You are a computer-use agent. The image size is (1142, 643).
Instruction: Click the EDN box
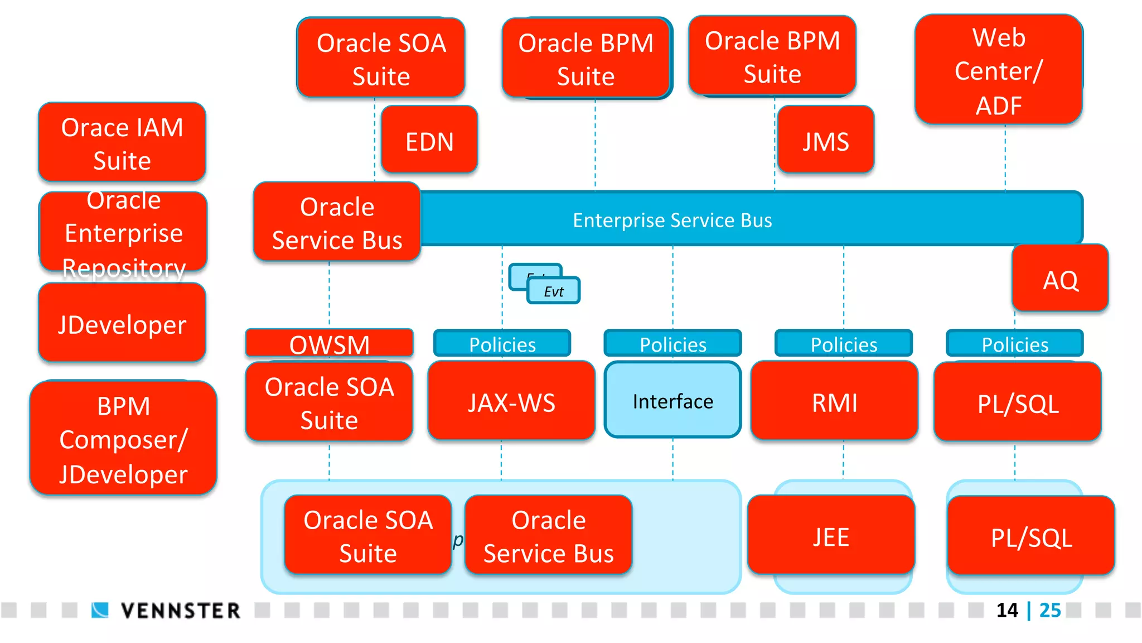pyautogui.click(x=429, y=140)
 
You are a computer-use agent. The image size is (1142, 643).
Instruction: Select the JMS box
pyautogui.click(x=825, y=140)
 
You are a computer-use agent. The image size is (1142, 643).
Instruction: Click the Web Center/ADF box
pyautogui.click(x=999, y=70)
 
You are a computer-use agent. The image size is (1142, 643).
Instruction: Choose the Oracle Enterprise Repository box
pyautogui.click(x=123, y=232)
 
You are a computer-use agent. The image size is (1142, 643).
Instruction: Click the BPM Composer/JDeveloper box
pyautogui.click(x=123, y=438)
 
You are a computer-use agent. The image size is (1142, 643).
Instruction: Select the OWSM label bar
pyautogui.click(x=329, y=343)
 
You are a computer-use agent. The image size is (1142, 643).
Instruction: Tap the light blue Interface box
pyautogui.click(x=672, y=400)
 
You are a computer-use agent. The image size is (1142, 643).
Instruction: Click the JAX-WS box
pyautogui.click(x=511, y=401)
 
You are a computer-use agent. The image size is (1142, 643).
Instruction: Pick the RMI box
pyautogui.click(x=834, y=401)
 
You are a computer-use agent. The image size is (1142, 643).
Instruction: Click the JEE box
pyautogui.click(x=831, y=536)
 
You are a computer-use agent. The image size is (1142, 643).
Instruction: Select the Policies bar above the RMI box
pyautogui.click(x=844, y=344)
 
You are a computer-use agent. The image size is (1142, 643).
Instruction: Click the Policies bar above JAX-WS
pyautogui.click(x=502, y=344)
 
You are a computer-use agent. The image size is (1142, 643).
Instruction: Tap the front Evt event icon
pyautogui.click(x=554, y=291)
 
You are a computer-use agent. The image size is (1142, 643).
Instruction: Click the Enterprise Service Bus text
pyautogui.click(x=672, y=220)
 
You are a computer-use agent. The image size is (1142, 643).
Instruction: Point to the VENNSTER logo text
pyautogui.click(x=181, y=611)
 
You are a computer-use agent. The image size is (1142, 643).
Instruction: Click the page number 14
pyautogui.click(x=1007, y=610)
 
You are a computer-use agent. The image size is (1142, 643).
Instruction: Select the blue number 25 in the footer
pyautogui.click(x=1050, y=610)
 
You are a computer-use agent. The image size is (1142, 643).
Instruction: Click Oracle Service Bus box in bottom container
pyautogui.click(x=549, y=536)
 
